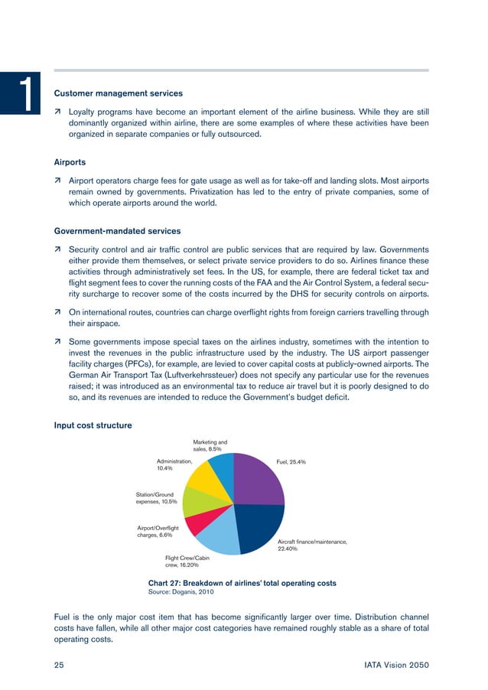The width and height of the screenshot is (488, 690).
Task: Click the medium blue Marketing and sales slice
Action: tap(222, 467)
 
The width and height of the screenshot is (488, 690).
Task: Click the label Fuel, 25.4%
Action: tap(291, 463)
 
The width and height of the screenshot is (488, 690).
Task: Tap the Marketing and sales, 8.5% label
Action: tap(210, 445)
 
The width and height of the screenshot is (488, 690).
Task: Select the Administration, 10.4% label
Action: tap(174, 466)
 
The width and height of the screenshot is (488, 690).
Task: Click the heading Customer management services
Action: tap(119, 93)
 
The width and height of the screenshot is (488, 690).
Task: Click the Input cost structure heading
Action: tap(93, 425)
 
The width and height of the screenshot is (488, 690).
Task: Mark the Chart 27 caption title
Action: tap(242, 583)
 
